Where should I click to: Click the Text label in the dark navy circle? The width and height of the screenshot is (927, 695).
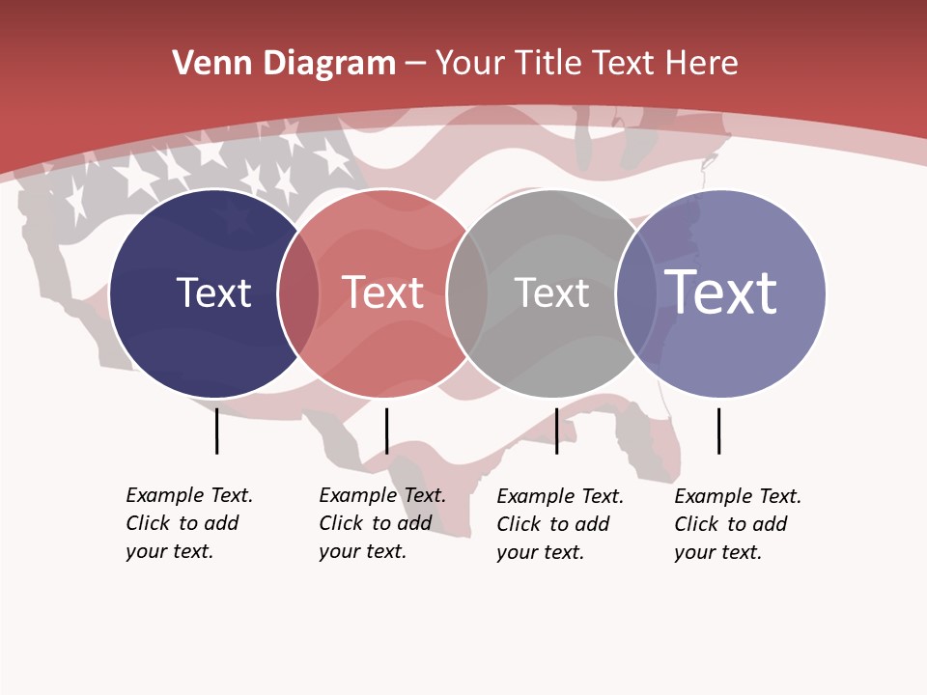coord(213,292)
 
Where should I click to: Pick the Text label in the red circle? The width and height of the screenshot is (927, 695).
coord(383,292)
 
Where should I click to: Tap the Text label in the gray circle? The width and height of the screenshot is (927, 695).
coord(551,292)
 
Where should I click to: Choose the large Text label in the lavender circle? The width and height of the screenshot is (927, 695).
coord(721,292)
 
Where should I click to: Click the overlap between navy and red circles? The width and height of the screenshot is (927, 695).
coord(298,293)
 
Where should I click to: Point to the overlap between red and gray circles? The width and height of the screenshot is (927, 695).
coord(467,293)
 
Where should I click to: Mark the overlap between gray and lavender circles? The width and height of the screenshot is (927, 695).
coord(636,293)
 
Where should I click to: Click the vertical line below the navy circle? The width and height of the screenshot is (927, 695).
coord(216,431)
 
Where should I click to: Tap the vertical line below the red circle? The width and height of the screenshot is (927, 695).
coord(386,431)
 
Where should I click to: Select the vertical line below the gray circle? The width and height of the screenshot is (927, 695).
coord(556,431)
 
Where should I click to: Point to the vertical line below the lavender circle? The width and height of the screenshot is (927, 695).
coord(718,431)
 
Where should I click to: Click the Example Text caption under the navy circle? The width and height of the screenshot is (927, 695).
coord(188,523)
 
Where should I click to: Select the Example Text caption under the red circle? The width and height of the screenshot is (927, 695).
coord(381,523)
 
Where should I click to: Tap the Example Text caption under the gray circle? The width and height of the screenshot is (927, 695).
coord(559,524)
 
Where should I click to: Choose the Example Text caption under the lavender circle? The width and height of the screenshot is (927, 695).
coord(737,524)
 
